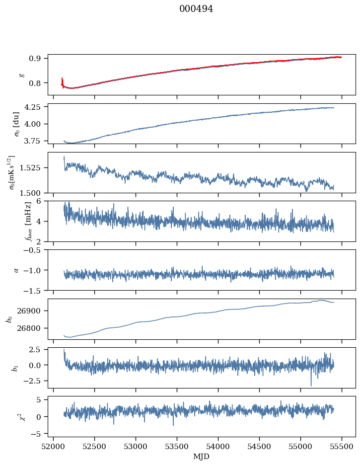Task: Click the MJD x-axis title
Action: click(202, 457)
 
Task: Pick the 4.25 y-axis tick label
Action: click(34, 107)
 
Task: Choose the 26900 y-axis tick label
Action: click(31, 311)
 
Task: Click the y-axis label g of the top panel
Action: click(21, 75)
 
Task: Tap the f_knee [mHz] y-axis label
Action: click(20, 221)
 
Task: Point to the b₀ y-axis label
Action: click(8, 319)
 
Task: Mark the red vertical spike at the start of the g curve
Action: click(62, 82)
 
